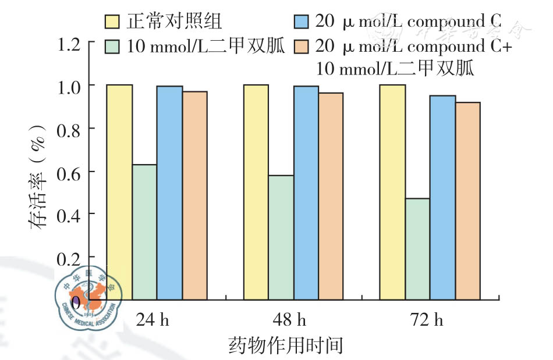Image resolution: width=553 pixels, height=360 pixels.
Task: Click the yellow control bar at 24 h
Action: pyautogui.click(x=119, y=192)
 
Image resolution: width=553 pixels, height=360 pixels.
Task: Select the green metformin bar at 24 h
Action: pyautogui.click(x=144, y=232)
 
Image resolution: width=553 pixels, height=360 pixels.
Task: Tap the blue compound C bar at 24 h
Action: pyautogui.click(x=169, y=193)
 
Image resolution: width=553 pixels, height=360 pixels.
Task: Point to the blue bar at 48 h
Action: pyautogui.click(x=306, y=193)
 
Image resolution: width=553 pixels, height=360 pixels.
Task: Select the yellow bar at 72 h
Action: pyautogui.click(x=392, y=192)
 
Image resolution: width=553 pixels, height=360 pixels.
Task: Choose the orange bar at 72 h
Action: pyautogui.click(x=467, y=201)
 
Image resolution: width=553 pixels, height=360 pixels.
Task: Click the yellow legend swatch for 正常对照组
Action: pyautogui.click(x=113, y=22)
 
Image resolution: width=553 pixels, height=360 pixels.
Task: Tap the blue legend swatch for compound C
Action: pyautogui.click(x=302, y=22)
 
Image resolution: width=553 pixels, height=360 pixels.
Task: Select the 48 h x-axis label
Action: pyautogui.click(x=289, y=320)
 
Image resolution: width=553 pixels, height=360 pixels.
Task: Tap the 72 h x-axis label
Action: pyautogui.click(x=426, y=320)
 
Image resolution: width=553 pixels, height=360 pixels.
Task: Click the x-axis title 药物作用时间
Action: pyautogui.click(x=285, y=345)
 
